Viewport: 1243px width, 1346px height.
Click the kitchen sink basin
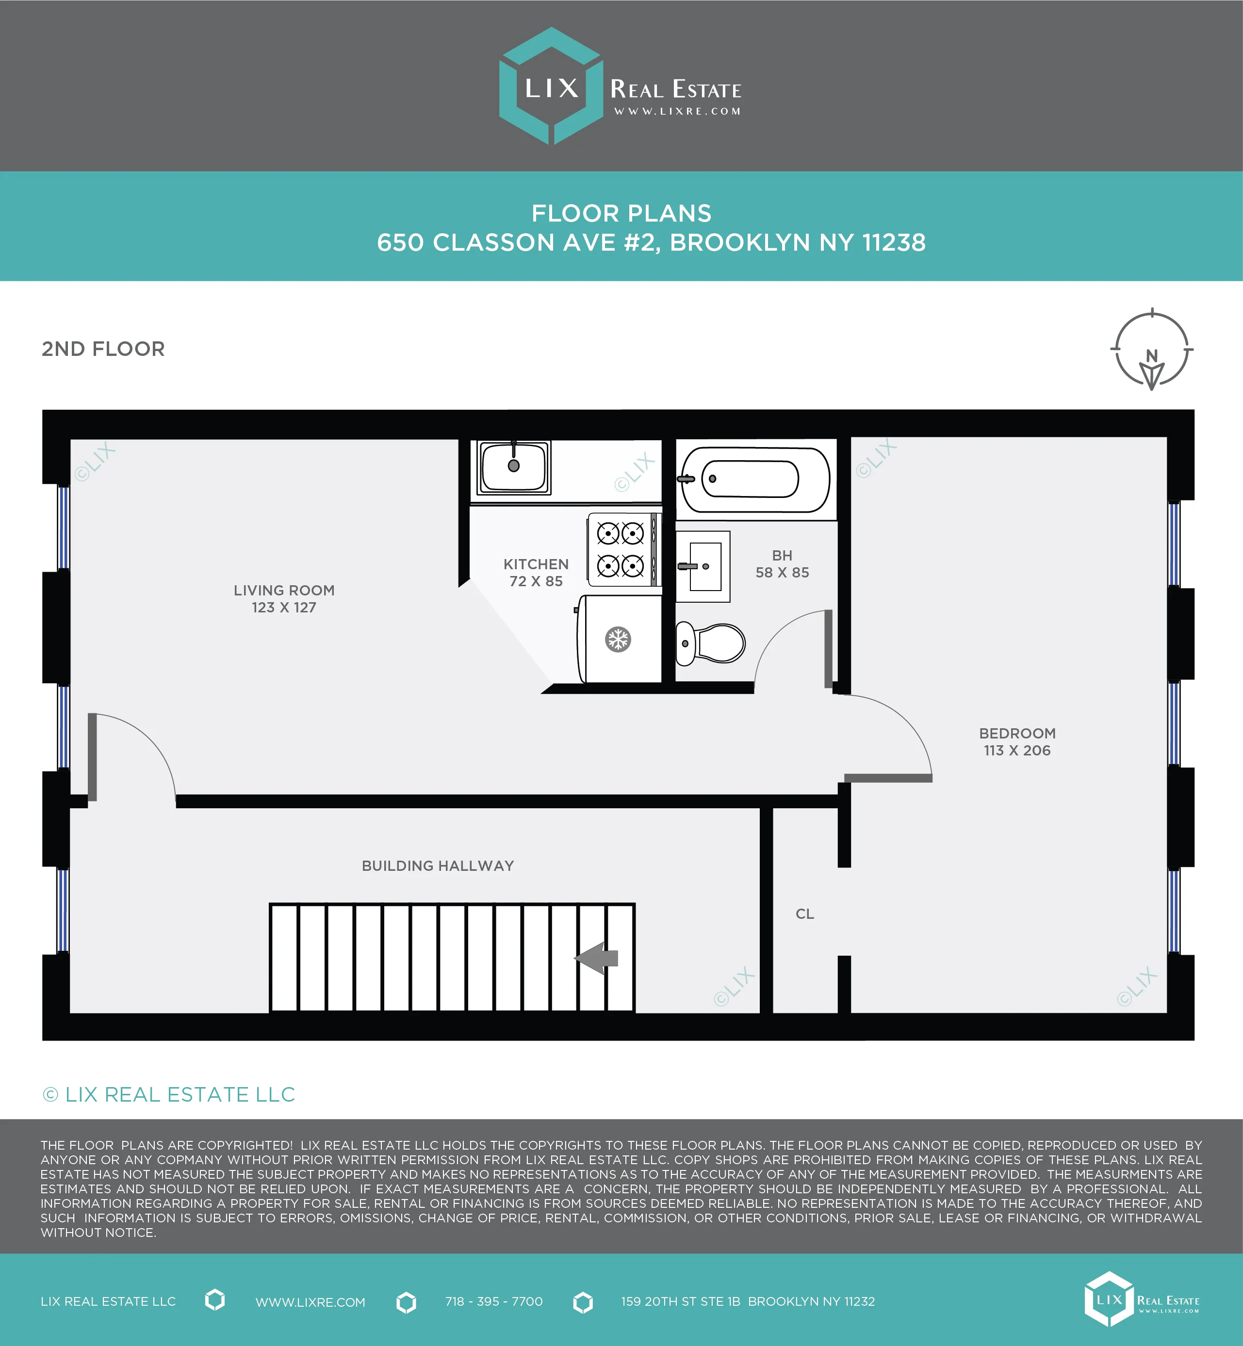pyautogui.click(x=513, y=466)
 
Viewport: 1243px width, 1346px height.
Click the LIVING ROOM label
pyautogui.click(x=284, y=590)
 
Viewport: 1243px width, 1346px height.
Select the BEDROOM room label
pyautogui.click(x=1016, y=734)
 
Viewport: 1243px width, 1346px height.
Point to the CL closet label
pyautogui.click(x=804, y=913)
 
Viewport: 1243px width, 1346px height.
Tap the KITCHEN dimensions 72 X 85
pyautogui.click(x=536, y=581)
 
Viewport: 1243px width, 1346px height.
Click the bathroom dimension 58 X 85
pyautogui.click(x=782, y=573)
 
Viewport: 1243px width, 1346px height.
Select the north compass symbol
pyautogui.click(x=1151, y=351)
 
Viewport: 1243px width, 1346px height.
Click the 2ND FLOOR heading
pyautogui.click(x=103, y=349)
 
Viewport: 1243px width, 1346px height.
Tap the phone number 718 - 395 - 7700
pyautogui.click(x=494, y=1301)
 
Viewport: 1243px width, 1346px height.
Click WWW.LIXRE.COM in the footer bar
pyautogui.click(x=310, y=1302)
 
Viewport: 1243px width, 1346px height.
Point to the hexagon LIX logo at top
pyautogui.click(x=551, y=86)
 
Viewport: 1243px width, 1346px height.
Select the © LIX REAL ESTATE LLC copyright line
pyautogui.click(x=169, y=1094)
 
